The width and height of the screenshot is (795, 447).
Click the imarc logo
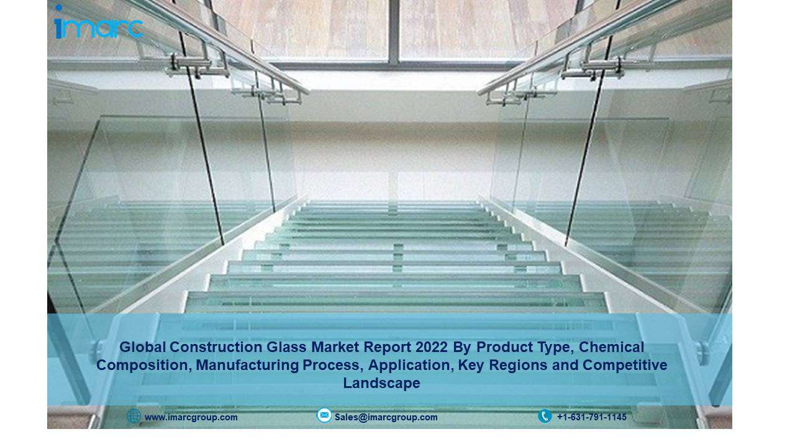coord(99,22)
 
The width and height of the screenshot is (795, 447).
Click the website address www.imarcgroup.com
coord(191,417)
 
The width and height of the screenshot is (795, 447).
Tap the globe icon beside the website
coord(134,416)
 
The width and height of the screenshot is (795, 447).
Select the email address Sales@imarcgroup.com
coord(386,417)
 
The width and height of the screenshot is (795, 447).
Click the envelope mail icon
coord(324,415)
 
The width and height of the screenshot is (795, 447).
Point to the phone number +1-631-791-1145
coord(592,417)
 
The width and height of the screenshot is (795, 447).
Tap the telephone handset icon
coord(545,416)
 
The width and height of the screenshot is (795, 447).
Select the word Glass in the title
coord(286,347)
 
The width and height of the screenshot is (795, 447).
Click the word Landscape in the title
coord(381,384)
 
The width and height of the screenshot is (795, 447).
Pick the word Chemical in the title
coord(612,347)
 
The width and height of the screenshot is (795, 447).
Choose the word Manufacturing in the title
coord(247,365)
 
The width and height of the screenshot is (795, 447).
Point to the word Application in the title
coord(411,366)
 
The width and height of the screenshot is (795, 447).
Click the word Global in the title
coord(143,347)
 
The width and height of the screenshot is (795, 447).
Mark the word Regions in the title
coord(518,366)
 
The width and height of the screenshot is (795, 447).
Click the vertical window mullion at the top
coord(393,32)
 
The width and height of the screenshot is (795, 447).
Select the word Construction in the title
coord(216,347)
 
